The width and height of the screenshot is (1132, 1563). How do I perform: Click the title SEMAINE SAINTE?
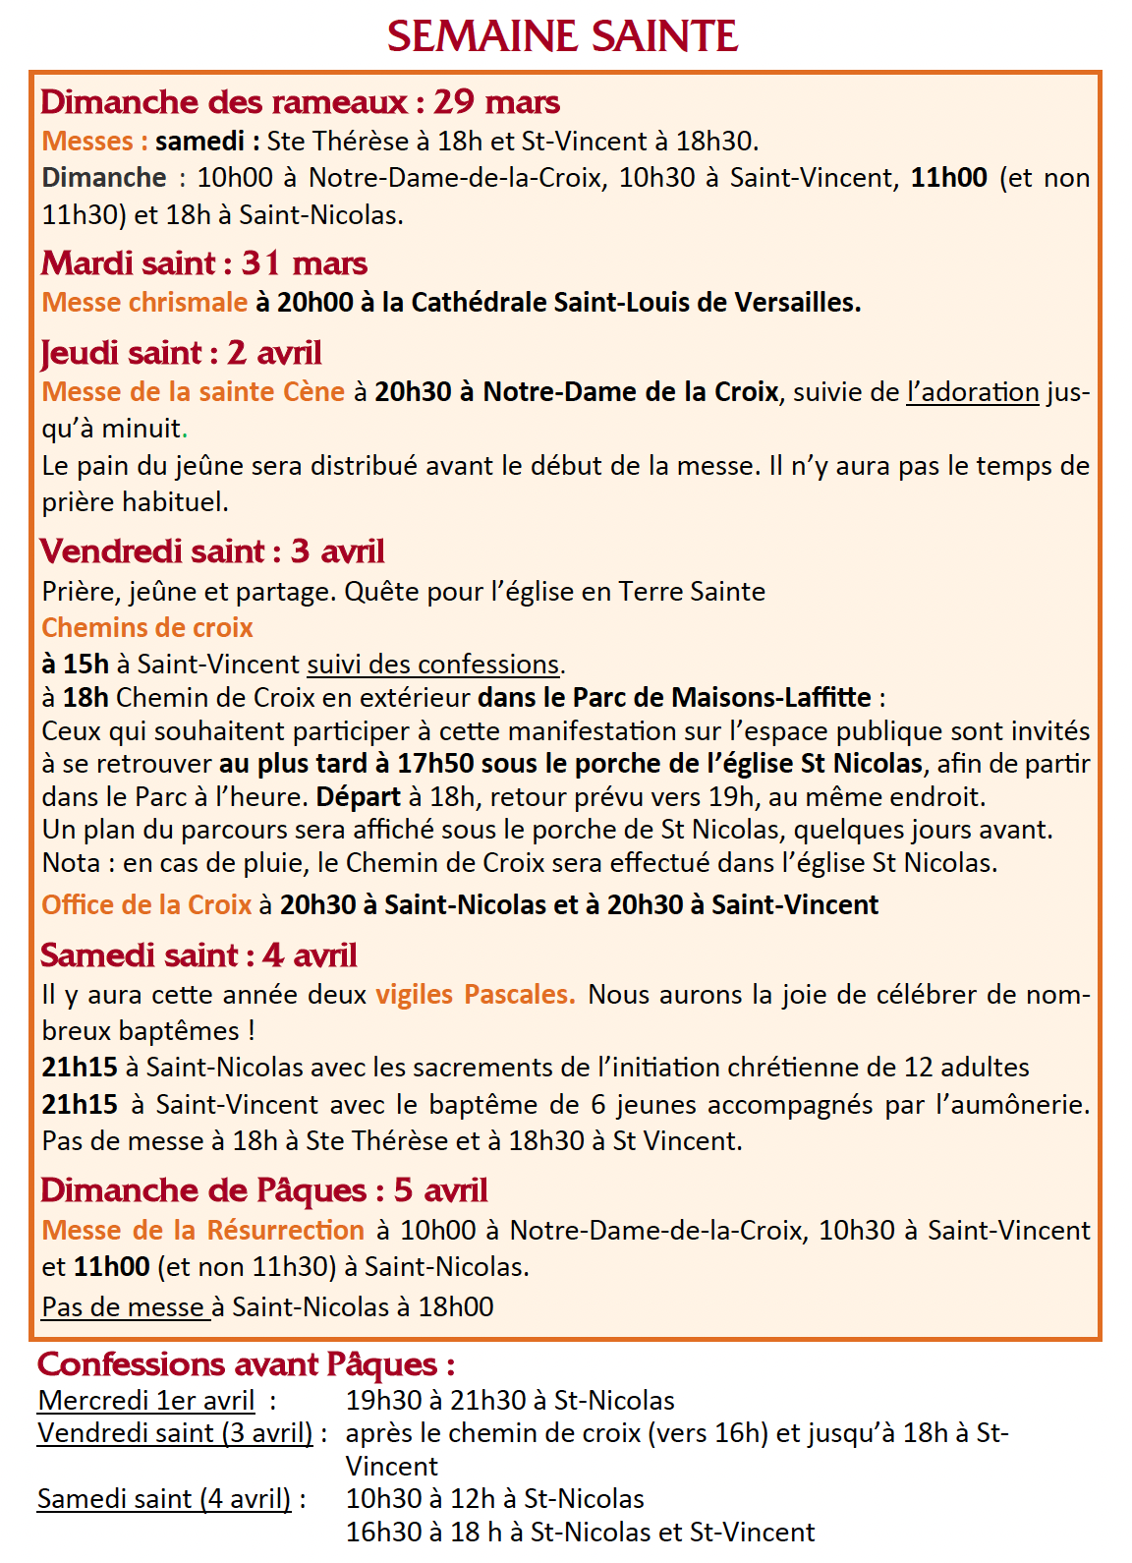(562, 37)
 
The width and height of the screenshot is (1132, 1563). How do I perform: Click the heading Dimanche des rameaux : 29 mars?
(300, 102)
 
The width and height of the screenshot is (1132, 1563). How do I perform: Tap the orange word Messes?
(88, 142)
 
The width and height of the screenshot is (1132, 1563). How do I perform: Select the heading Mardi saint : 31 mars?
(203, 263)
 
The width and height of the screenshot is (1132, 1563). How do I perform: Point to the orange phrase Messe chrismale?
(144, 303)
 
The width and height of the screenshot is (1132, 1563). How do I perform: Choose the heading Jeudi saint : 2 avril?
(181, 353)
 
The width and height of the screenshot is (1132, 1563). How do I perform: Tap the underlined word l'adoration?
(972, 392)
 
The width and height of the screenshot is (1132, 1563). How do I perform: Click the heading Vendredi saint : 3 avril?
(212, 551)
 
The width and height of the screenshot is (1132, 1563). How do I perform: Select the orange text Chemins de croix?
(147, 628)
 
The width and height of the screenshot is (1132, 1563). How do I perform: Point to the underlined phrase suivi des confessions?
(433, 665)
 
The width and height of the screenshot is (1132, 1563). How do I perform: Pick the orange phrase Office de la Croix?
(146, 905)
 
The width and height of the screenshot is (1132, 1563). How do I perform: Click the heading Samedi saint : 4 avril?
(198, 955)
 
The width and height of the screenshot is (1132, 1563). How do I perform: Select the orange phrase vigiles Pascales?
(475, 995)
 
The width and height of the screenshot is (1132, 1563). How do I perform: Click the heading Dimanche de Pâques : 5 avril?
(263, 1190)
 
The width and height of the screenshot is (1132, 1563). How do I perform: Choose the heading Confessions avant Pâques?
(246, 1364)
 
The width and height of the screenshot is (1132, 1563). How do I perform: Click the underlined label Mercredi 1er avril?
(145, 1401)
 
